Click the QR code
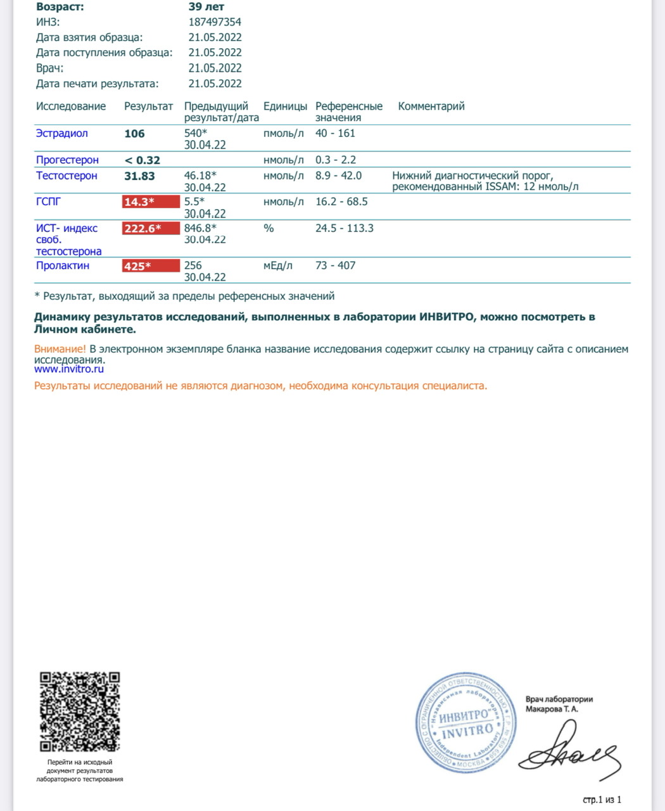pos(80,712)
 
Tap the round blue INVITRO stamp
pos(465,724)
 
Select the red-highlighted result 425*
pos(150,266)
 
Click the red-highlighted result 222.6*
pos(150,229)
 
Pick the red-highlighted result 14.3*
pos(150,202)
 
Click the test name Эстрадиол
pos(62,134)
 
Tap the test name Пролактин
pos(63,265)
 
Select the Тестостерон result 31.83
pos(139,176)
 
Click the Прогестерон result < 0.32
pos(142,160)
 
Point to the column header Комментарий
pos(431,106)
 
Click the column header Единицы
pos(285,106)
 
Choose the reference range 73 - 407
pos(335,265)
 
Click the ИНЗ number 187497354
pos(215,22)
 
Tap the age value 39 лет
pos(206,7)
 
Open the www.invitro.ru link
pos(69,369)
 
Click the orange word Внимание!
pos(60,349)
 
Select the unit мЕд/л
pos(278,265)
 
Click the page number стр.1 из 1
pos(602,800)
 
